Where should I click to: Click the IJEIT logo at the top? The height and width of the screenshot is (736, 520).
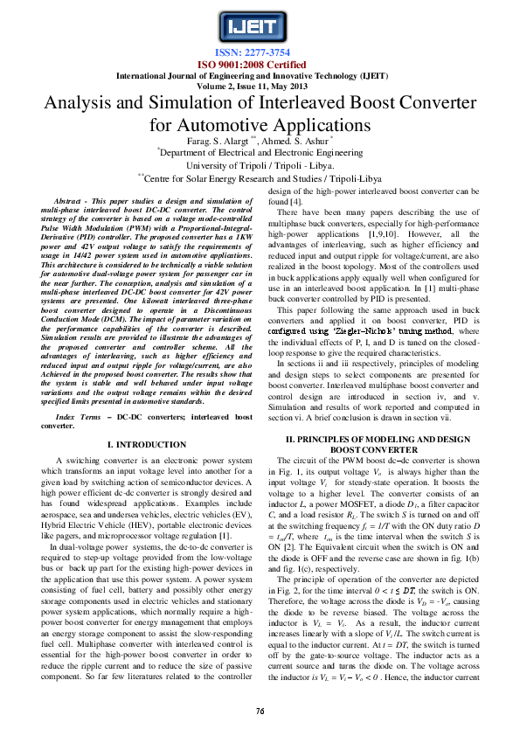tap(260, 27)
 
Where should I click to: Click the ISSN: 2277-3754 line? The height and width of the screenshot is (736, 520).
tap(260, 53)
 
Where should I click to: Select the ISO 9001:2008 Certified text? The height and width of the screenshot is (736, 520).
tap(260, 65)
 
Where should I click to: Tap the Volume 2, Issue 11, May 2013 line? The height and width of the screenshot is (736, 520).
tap(260, 87)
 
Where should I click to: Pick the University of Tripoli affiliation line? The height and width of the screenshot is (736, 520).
tap(260, 166)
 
